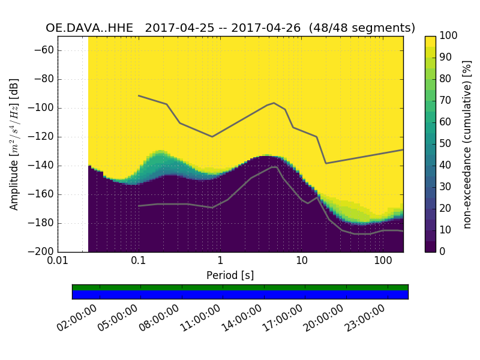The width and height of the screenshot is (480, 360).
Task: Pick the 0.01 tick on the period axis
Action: [x=58, y=261]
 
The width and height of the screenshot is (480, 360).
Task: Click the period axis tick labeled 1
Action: [x=220, y=261]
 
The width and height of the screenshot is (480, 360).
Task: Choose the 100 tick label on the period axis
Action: [x=383, y=261]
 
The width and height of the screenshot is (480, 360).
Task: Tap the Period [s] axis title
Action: [x=230, y=275]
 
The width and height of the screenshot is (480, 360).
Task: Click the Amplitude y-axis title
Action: [x=14, y=144]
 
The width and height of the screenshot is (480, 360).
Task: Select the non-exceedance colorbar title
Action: [x=467, y=144]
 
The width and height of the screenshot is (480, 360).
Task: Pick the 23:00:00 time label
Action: [x=365, y=319]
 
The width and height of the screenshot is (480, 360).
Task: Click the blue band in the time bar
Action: [x=240, y=295]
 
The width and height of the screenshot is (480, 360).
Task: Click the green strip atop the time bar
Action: [x=240, y=287]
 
